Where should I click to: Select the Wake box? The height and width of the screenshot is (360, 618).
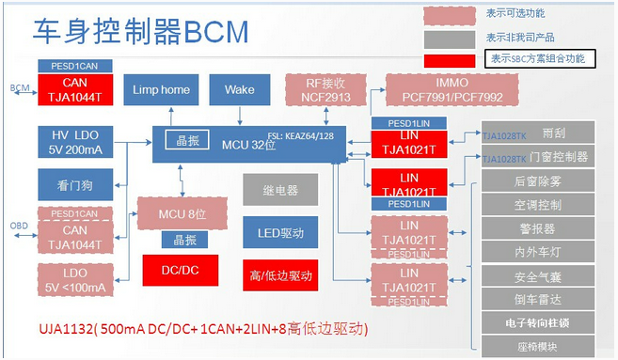[240, 90]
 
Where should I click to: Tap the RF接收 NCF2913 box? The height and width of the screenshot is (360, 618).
[325, 89]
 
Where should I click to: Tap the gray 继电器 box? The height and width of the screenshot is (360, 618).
[279, 189]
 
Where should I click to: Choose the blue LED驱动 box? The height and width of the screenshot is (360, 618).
[279, 232]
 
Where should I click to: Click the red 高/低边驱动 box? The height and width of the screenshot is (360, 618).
[279, 275]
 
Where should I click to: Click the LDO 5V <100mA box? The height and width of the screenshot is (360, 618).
[76, 279]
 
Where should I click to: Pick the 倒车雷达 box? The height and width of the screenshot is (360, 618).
[539, 300]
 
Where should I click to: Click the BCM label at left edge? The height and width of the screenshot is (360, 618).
[19, 87]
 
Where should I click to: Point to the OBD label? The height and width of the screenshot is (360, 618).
[19, 226]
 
